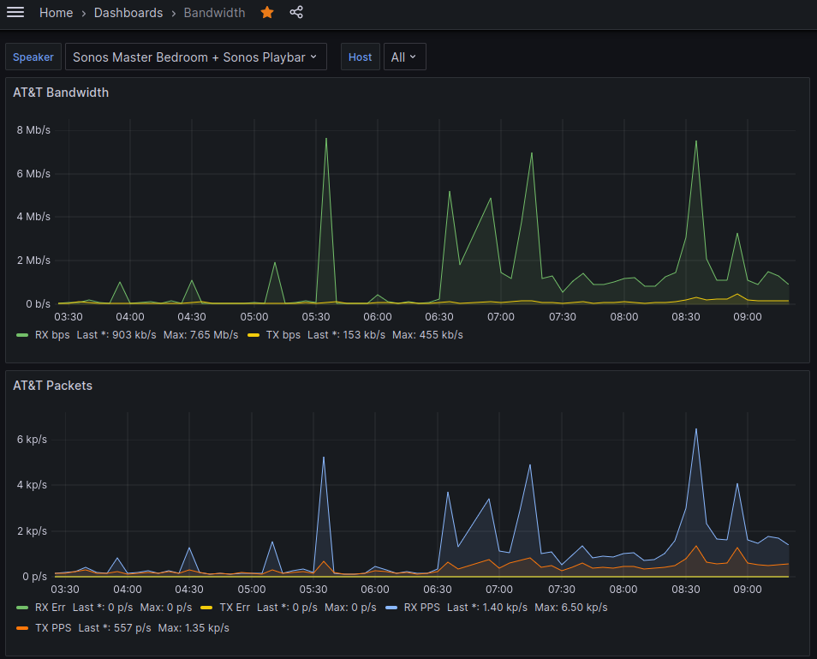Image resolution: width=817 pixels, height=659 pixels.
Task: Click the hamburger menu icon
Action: click(x=15, y=13)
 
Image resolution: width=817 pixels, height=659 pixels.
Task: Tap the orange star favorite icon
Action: click(x=267, y=13)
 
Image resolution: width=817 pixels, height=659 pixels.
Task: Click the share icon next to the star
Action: click(x=296, y=13)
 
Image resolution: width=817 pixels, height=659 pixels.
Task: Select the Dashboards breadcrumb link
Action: click(x=128, y=13)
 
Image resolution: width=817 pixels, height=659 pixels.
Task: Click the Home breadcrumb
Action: click(x=56, y=13)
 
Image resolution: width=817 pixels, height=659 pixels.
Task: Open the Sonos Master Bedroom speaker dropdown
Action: click(x=195, y=57)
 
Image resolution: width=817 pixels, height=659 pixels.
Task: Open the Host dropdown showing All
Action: click(x=404, y=57)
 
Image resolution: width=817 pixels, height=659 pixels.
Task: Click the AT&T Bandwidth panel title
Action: click(x=61, y=93)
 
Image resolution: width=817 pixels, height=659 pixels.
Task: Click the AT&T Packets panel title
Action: click(x=52, y=386)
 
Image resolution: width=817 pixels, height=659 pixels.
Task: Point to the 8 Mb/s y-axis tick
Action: click(x=33, y=130)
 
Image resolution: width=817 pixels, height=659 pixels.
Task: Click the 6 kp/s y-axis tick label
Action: click(x=32, y=440)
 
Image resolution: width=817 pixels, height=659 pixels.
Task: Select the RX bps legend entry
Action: click(x=51, y=334)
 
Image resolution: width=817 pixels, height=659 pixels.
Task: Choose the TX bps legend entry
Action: click(x=282, y=334)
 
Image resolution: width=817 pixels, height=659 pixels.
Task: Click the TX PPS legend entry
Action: click(x=53, y=628)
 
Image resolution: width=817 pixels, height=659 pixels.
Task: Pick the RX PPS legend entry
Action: click(x=422, y=608)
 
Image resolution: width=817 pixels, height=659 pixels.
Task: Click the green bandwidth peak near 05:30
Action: click(x=326, y=139)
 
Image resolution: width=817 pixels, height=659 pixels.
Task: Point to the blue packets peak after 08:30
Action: click(x=696, y=429)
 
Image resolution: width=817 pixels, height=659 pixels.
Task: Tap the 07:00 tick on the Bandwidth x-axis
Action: click(x=501, y=317)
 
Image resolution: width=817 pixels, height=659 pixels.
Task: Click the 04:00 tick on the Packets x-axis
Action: click(x=128, y=590)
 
